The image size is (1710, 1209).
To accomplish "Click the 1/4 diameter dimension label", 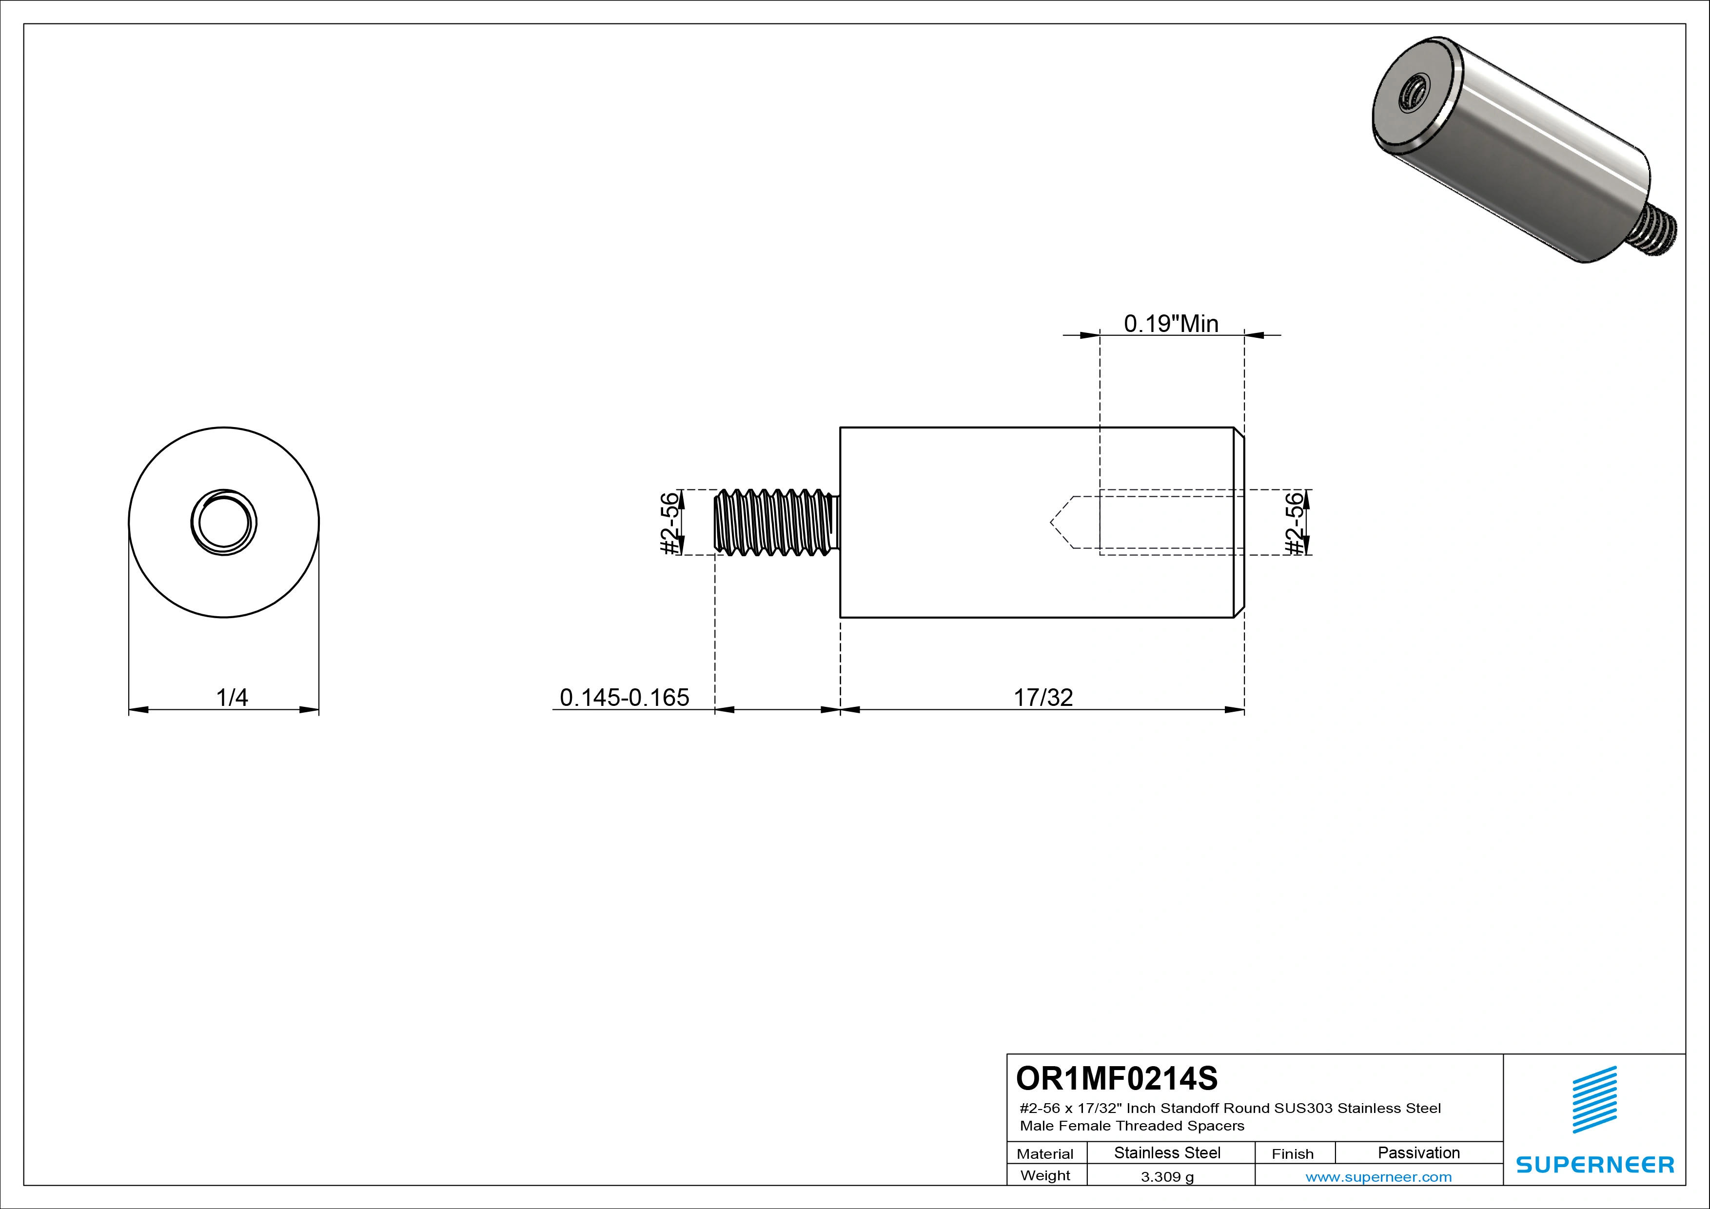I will click(x=232, y=698).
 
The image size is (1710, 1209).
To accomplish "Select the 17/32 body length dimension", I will click(x=1042, y=698).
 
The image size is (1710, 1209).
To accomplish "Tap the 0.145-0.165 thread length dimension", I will click(x=624, y=698).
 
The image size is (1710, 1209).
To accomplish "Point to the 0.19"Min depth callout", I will click(x=1171, y=324).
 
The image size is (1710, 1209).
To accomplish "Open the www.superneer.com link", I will click(x=1378, y=1177).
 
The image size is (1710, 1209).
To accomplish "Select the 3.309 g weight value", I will click(x=1167, y=1177).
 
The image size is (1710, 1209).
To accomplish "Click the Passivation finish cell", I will click(x=1418, y=1153).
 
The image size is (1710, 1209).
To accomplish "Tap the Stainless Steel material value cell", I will click(x=1167, y=1153).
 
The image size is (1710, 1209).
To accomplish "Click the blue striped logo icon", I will click(x=1594, y=1100).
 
